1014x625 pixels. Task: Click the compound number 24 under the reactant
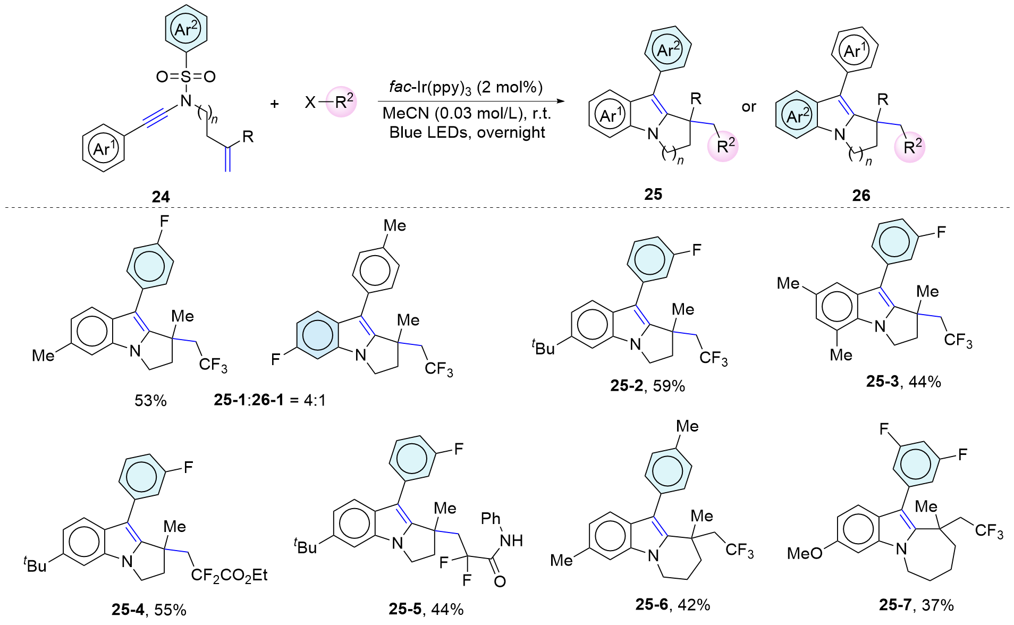point(160,197)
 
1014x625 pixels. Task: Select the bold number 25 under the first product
point(653,194)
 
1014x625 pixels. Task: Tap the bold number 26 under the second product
point(861,195)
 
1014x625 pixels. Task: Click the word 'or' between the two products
point(749,107)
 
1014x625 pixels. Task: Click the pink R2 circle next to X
point(342,101)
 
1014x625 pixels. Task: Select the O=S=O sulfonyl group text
point(185,77)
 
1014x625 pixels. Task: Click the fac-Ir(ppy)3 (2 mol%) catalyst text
point(466,87)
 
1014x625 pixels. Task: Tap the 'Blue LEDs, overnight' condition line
point(467,132)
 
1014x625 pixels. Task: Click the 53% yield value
point(150,400)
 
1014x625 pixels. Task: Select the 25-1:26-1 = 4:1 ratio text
point(269,400)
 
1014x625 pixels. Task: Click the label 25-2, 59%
point(647,385)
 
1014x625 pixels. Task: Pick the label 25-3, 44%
point(903,381)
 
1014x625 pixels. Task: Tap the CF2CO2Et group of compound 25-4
point(229,575)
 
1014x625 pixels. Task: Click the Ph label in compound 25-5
point(491,518)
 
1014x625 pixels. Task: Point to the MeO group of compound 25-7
point(804,553)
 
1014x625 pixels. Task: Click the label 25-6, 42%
point(673,604)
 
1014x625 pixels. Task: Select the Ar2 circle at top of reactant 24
point(185,29)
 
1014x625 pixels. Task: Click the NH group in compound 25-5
point(511,540)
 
